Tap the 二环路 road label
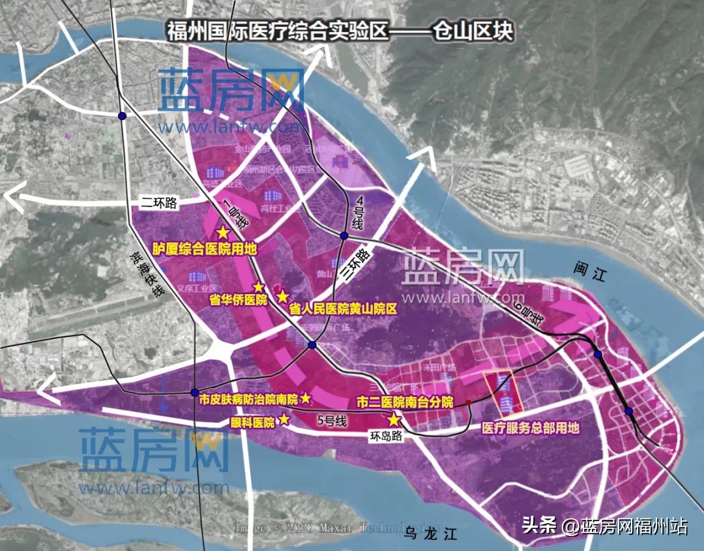[x=162, y=202]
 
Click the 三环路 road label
[x=355, y=265]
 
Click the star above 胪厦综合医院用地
[x=223, y=233]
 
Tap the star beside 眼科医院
[x=284, y=421]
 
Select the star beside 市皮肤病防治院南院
[x=306, y=398]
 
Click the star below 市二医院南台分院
[x=394, y=421]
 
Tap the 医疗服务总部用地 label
[x=530, y=428]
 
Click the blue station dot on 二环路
[x=122, y=116]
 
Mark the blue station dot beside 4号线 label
[x=344, y=235]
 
